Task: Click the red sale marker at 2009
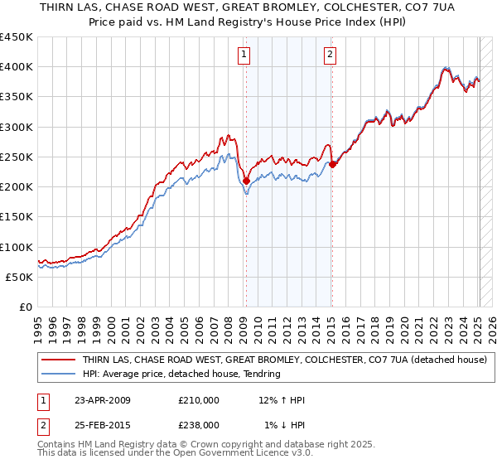pyautogui.click(x=246, y=181)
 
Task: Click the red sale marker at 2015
pyautogui.click(x=331, y=164)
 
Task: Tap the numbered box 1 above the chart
pyautogui.click(x=245, y=56)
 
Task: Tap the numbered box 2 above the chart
pyautogui.click(x=330, y=56)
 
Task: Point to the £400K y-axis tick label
pyautogui.click(x=17, y=67)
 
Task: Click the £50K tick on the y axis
pyautogui.click(x=20, y=277)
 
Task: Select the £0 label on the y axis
pyautogui.click(x=25, y=307)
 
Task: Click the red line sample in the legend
pyautogui.click(x=58, y=360)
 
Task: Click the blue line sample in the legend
pyautogui.click(x=58, y=374)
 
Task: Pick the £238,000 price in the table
pyautogui.click(x=199, y=424)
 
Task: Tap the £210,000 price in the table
pyautogui.click(x=199, y=400)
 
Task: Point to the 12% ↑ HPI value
pyautogui.click(x=282, y=400)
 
